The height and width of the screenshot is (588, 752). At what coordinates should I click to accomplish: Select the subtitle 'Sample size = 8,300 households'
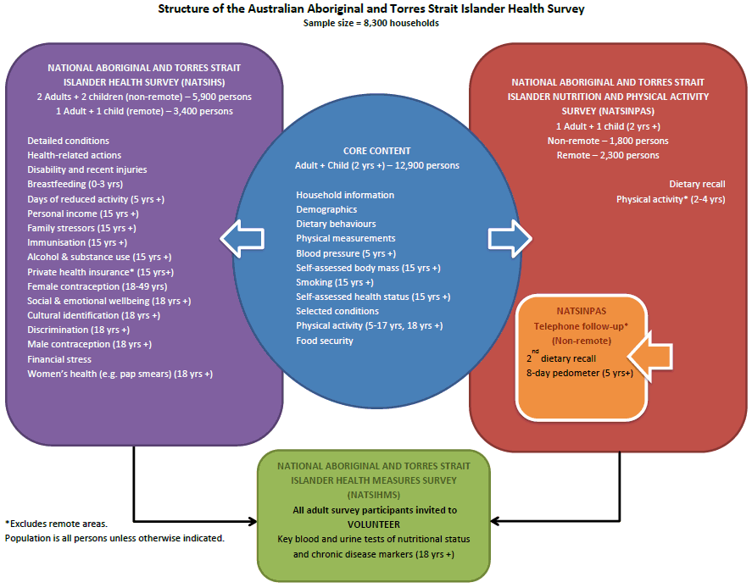(x=370, y=23)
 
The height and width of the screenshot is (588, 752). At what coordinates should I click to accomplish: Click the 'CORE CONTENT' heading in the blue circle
(x=376, y=151)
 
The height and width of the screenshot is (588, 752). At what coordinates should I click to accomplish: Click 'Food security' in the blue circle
(x=325, y=341)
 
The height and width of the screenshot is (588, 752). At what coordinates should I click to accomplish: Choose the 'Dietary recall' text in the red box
(x=696, y=184)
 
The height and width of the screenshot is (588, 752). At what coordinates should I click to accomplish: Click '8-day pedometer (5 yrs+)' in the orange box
(x=579, y=373)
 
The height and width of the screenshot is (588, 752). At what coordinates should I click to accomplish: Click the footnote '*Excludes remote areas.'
(x=56, y=524)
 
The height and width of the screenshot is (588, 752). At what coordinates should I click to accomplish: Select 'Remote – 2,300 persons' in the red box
(x=607, y=155)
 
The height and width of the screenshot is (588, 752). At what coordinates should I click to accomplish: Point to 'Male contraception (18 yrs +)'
(x=89, y=344)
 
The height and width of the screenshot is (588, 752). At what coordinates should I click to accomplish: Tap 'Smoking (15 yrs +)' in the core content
(x=334, y=282)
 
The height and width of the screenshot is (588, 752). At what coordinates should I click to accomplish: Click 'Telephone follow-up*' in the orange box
(x=581, y=326)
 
